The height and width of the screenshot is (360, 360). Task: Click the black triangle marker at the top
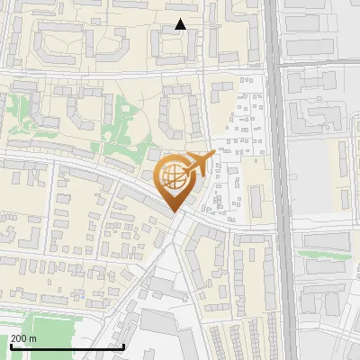pyautogui.click(x=180, y=24)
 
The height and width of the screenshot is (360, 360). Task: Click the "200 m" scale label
pyautogui.click(x=23, y=338)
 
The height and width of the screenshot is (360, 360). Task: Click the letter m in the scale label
pyautogui.click(x=32, y=338)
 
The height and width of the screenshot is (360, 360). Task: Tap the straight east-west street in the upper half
pyautogui.click(x=135, y=70)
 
